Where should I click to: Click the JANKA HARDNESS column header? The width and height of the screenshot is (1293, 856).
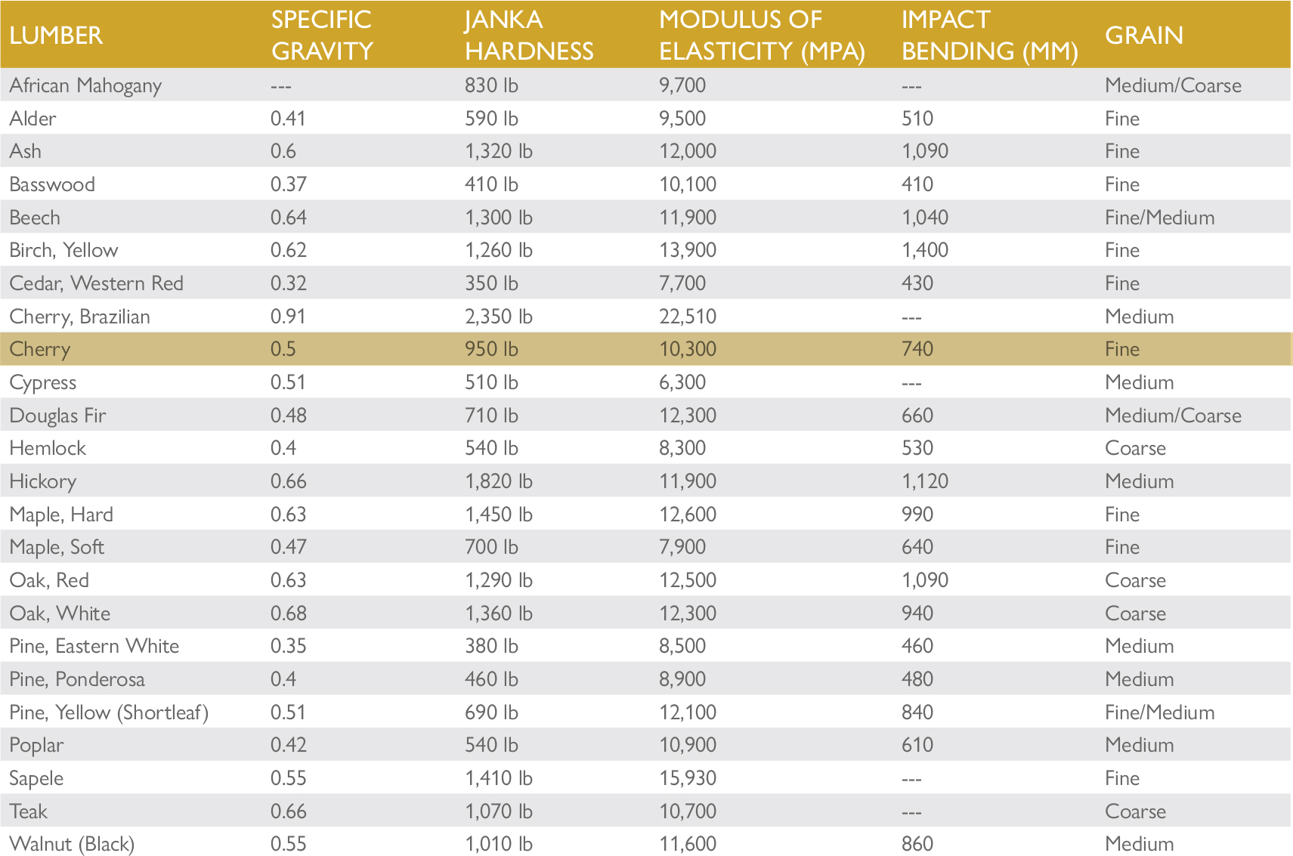[529, 36]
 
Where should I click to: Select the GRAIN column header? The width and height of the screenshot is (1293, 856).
[1144, 36]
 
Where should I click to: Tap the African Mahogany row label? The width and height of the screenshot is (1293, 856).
[85, 85]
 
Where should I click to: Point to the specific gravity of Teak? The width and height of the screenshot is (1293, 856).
[289, 811]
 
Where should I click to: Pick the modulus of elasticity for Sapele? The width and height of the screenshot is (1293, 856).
[688, 778]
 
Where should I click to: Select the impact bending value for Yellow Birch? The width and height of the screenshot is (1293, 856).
[925, 250]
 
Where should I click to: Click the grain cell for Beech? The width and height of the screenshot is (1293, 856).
[1159, 218]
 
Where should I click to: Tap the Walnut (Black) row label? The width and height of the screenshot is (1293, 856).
[72, 844]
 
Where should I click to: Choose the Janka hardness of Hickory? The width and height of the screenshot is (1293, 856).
[499, 481]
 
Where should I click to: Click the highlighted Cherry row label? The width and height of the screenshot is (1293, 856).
[40, 349]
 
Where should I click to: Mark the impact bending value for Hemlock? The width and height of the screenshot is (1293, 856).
[917, 448]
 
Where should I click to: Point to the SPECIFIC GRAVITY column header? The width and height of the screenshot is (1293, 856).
[322, 36]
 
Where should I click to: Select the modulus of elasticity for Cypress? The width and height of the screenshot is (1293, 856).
[682, 382]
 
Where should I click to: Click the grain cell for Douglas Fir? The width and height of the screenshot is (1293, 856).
[1173, 416]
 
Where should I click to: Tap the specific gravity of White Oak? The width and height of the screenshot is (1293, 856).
[289, 613]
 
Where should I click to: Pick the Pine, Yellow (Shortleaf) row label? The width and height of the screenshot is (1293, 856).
[109, 712]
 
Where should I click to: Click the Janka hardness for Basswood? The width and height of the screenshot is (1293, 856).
[491, 184]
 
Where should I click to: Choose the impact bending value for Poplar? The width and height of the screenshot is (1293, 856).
[917, 745]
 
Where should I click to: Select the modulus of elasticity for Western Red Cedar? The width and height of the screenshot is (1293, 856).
[682, 283]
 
